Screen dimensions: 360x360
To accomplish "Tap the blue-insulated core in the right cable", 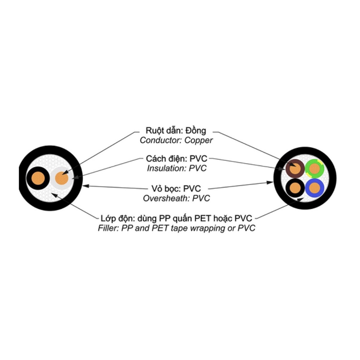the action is [314, 188].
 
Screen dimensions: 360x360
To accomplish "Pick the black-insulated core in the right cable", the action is [295, 188].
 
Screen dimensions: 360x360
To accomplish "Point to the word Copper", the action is [199, 140].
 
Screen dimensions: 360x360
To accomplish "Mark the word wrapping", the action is [205, 228].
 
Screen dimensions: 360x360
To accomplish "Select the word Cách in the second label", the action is [156, 159].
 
